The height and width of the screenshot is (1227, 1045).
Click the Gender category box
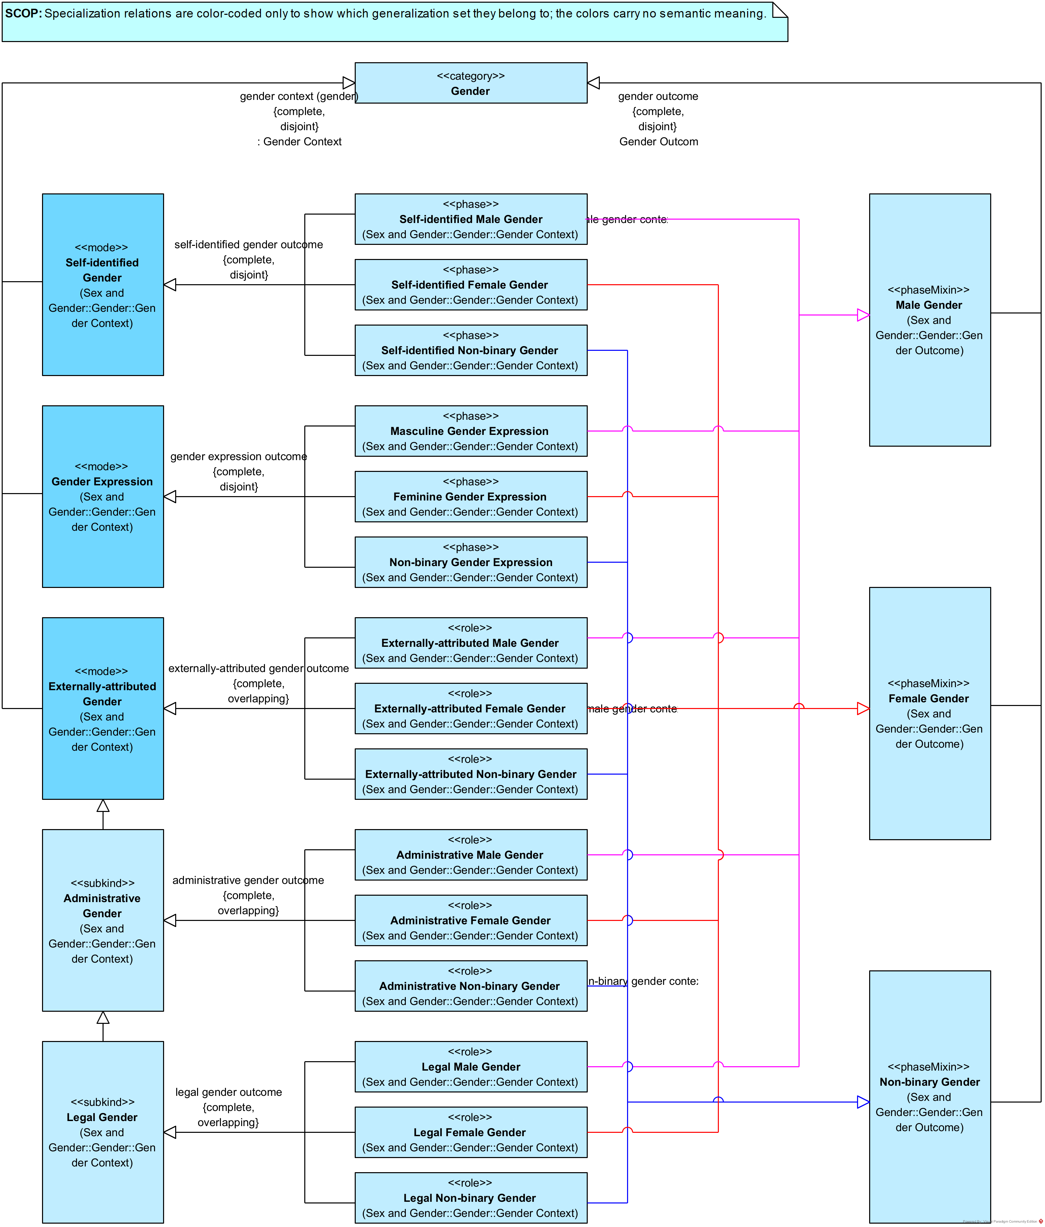click(471, 83)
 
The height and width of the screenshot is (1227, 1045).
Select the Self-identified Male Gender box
click(471, 219)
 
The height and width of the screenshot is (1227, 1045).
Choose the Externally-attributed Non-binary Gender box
click(471, 774)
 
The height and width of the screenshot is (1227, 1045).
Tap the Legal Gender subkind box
click(103, 1132)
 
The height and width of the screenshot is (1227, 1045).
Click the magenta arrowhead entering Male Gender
click(863, 315)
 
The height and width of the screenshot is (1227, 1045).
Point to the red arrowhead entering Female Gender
click(863, 708)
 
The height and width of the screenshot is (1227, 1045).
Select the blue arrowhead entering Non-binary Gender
click(863, 1102)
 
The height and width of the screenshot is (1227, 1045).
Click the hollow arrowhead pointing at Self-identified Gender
click(170, 285)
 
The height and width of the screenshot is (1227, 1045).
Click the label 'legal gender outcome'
click(229, 1092)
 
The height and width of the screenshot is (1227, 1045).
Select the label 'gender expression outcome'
click(239, 456)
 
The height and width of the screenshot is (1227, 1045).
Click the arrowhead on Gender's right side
click(593, 83)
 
